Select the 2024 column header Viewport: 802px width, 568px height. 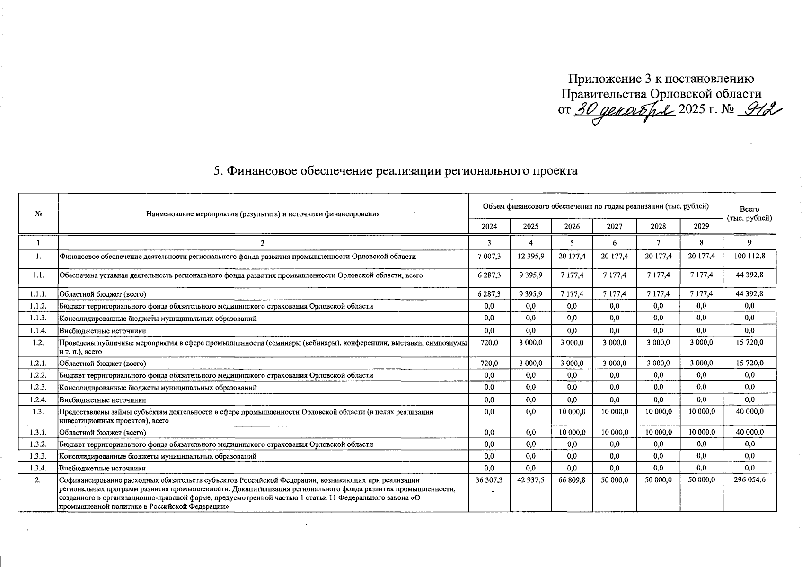(x=489, y=226)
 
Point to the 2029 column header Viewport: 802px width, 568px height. (x=701, y=226)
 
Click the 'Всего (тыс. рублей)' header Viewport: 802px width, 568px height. (x=749, y=213)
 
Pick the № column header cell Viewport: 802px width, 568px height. (x=38, y=213)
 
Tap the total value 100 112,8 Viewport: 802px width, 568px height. (x=749, y=256)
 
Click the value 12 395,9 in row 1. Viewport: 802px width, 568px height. (x=531, y=256)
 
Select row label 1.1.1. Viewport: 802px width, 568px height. (x=38, y=294)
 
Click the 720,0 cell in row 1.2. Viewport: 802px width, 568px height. (x=489, y=342)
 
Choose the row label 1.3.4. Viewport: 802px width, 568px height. (x=38, y=469)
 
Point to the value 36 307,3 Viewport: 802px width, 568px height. (x=489, y=480)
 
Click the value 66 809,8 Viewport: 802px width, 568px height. (x=572, y=480)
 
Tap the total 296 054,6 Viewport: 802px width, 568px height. (x=749, y=480)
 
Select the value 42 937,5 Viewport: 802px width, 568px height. (x=531, y=480)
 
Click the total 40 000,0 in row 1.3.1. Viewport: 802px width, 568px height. (x=749, y=432)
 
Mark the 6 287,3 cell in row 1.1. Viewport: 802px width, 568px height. (x=489, y=275)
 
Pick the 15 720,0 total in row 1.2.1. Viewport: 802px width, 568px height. (x=749, y=363)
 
